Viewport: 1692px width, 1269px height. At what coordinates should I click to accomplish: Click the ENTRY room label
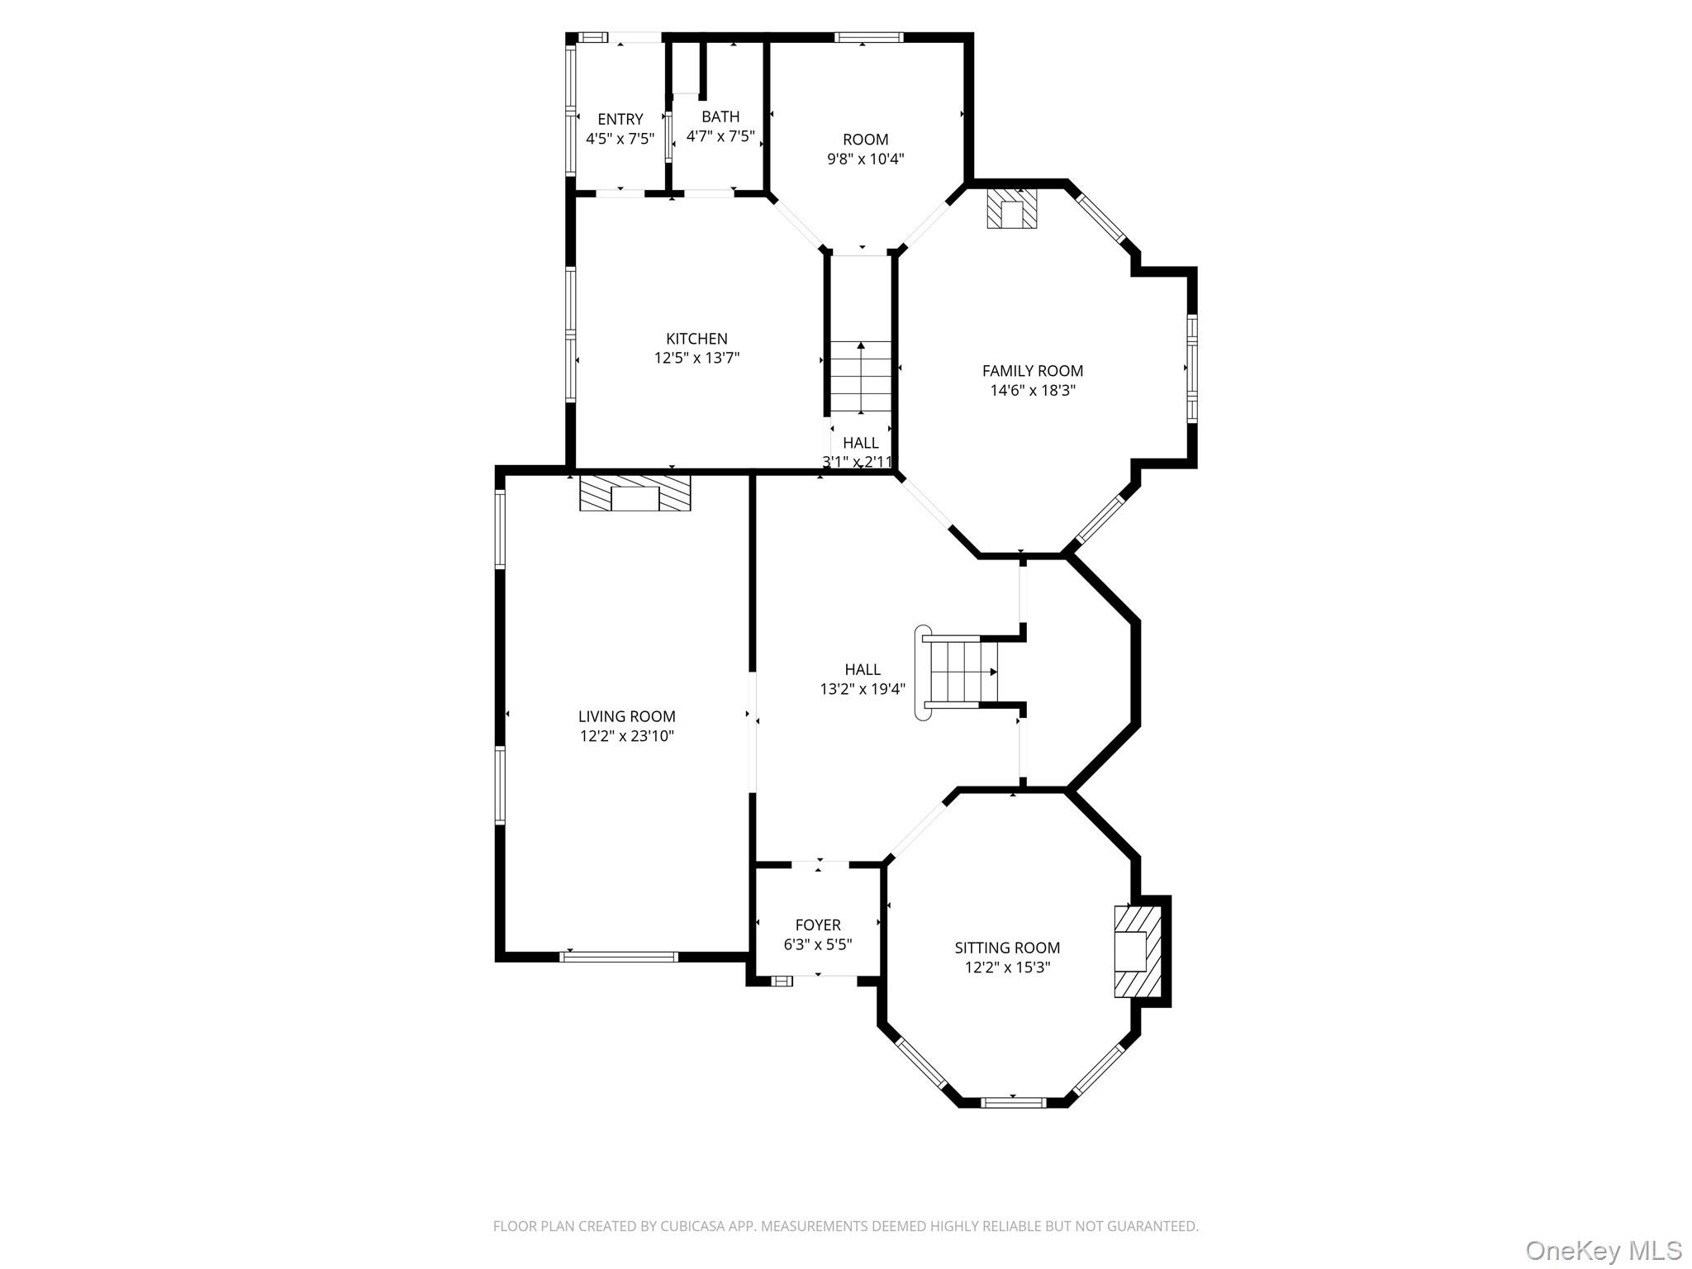[620, 119]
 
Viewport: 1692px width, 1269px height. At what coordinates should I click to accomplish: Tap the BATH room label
[720, 116]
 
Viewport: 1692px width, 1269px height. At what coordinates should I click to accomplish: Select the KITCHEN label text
[696, 339]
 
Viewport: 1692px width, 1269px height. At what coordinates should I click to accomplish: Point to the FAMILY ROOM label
[1032, 371]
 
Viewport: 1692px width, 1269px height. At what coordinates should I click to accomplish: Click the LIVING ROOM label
[626, 716]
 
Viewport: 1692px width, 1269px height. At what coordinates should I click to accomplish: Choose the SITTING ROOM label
[1007, 948]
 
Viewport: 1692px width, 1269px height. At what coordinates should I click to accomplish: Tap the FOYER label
[818, 924]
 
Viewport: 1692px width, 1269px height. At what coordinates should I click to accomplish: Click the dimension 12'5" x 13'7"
[696, 358]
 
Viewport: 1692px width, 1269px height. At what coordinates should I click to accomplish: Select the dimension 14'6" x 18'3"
[1033, 390]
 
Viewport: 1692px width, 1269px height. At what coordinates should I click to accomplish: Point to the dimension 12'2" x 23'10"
[626, 735]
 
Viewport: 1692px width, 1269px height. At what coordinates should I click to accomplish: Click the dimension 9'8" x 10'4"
[865, 159]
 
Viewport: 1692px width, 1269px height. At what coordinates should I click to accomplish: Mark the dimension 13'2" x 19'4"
[863, 688]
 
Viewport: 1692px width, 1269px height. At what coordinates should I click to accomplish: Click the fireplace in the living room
[634, 492]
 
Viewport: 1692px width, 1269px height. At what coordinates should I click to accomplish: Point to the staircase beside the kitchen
[861, 378]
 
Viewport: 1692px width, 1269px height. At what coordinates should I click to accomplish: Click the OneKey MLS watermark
[1603, 1250]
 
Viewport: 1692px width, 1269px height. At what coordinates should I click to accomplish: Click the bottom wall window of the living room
[619, 957]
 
